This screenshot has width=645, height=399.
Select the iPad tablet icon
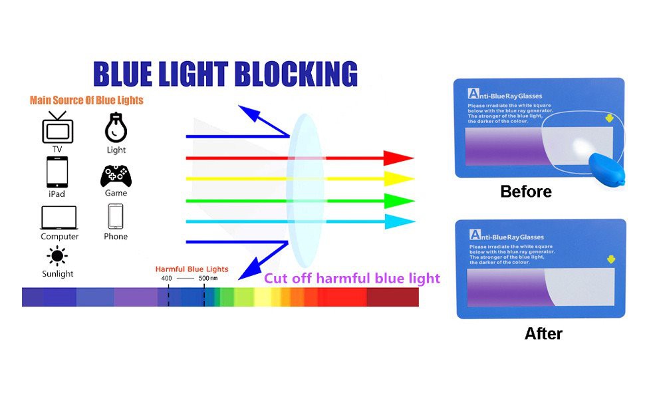pyautogui.click(x=57, y=172)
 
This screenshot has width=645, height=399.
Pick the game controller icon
pyautogui.click(x=116, y=176)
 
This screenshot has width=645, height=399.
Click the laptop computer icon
pyautogui.click(x=59, y=217)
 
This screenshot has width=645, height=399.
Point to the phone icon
pyautogui.click(x=116, y=216)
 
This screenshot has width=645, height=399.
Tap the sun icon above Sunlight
pyautogui.click(x=57, y=256)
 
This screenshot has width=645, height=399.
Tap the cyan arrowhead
pyautogui.click(x=400, y=221)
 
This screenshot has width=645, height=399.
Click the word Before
pyautogui.click(x=526, y=192)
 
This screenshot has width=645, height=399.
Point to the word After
pyautogui.click(x=543, y=334)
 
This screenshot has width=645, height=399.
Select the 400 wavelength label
pyautogui.click(x=167, y=278)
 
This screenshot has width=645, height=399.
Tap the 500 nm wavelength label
pyautogui.click(x=208, y=278)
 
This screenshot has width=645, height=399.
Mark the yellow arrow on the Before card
pyautogui.click(x=610, y=118)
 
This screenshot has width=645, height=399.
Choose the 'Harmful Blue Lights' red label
pyautogui.click(x=192, y=269)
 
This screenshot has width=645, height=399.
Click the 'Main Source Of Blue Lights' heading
pyautogui.click(x=86, y=100)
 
